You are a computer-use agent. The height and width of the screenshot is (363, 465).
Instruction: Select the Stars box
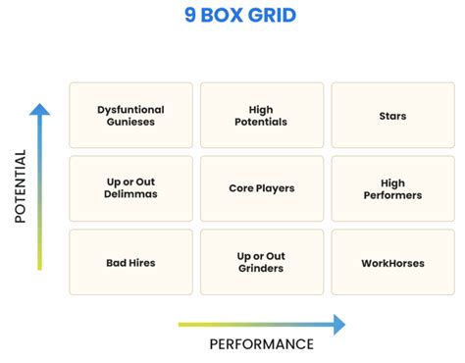tap(392, 116)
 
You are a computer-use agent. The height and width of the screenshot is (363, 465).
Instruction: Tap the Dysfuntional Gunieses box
tap(130, 116)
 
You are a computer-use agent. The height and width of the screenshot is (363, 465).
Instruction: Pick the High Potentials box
tap(261, 116)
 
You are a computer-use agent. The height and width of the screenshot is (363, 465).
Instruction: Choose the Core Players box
tap(261, 188)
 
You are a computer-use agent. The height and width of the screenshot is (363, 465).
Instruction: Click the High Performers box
tap(392, 188)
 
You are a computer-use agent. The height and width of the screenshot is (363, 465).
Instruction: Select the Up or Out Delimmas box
tap(130, 188)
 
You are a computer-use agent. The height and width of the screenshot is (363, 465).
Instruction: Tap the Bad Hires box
tap(130, 262)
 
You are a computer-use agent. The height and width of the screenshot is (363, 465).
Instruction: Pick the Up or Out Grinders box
tap(261, 262)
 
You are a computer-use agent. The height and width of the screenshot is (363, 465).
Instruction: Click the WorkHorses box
tap(392, 262)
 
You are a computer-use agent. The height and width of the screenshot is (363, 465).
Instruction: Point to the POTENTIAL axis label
tap(20, 186)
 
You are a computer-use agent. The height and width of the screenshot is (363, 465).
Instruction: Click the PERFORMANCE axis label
tap(261, 343)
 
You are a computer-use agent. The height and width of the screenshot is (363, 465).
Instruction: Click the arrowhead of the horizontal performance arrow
tap(338, 324)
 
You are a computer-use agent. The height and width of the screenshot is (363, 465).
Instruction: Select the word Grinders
tap(261, 269)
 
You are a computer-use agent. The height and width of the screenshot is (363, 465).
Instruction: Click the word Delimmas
tap(130, 195)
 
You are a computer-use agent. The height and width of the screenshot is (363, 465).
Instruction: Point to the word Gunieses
tap(130, 123)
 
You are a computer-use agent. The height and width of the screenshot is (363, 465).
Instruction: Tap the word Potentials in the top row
tap(261, 123)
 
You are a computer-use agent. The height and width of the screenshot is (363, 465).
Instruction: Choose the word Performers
tap(392, 195)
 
